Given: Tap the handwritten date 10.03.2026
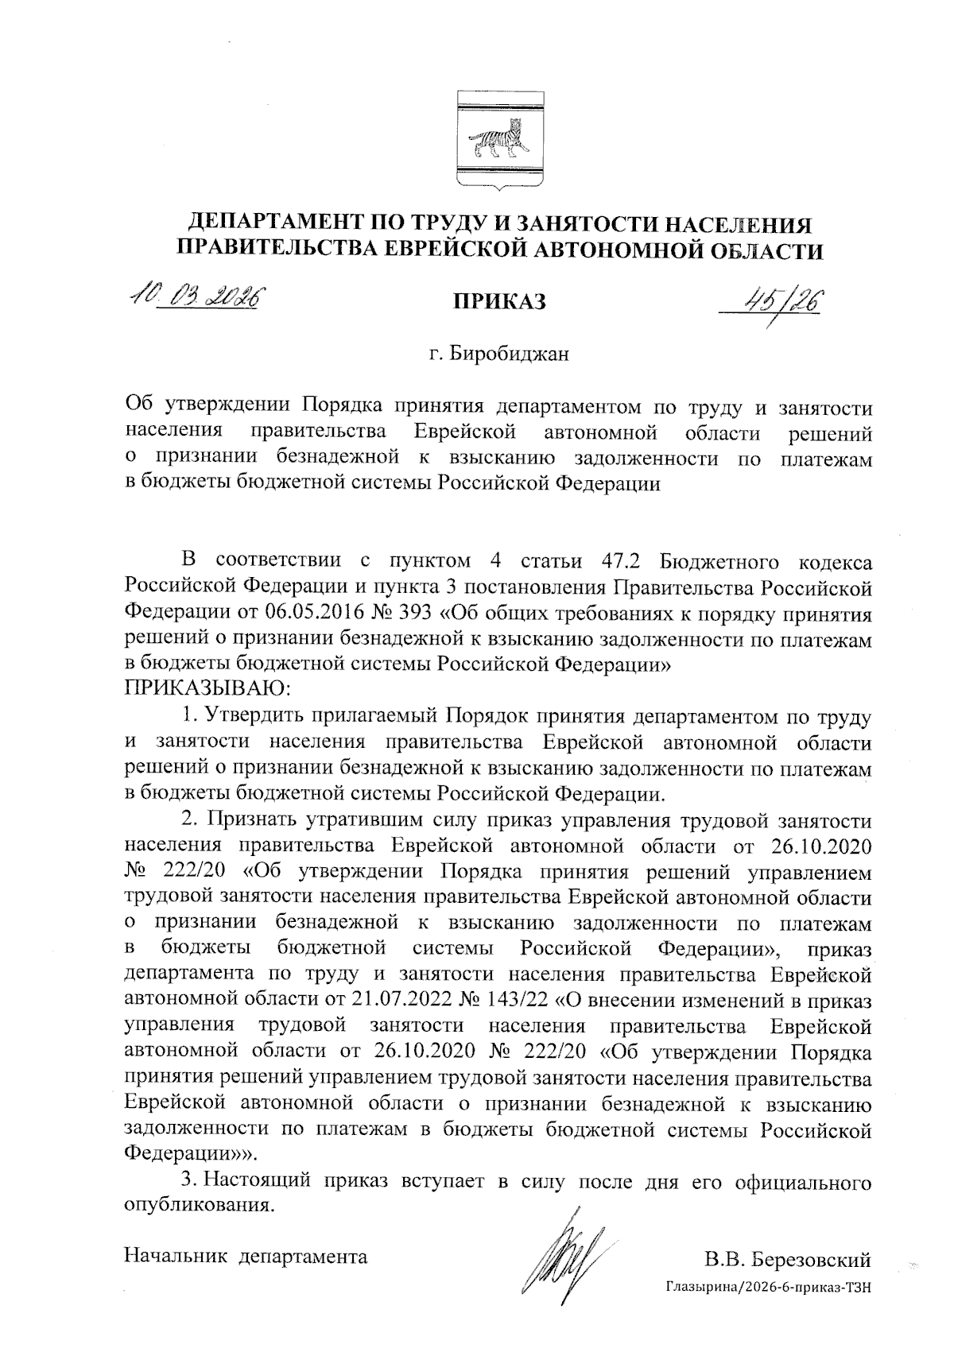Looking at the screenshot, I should pyautogui.click(x=196, y=299).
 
